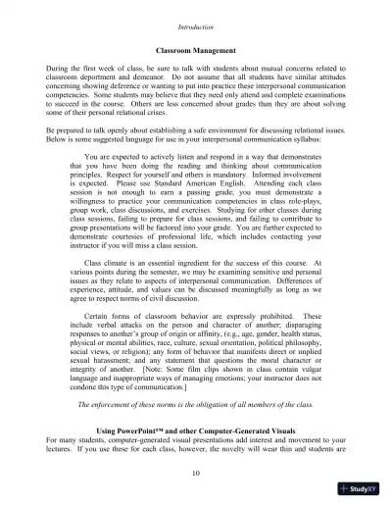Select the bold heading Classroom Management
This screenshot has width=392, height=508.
point(196,48)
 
